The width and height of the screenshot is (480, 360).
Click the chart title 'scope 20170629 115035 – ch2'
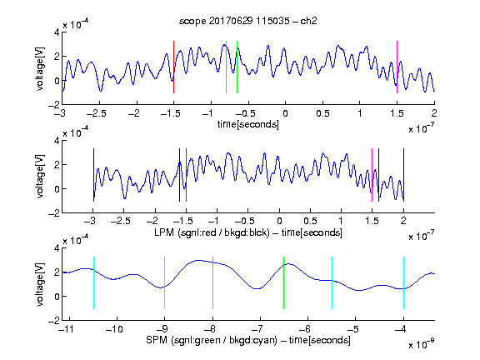(248, 21)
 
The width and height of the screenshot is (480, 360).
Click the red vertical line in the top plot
(173, 67)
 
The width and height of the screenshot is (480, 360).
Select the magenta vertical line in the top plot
(397, 67)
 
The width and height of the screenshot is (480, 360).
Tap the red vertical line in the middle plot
(186, 175)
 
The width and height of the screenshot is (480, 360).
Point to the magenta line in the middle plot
(372, 175)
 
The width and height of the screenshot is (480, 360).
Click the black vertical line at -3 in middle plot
(93, 175)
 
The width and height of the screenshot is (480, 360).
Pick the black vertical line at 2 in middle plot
(403, 175)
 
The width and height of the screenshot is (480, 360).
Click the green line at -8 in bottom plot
(212, 282)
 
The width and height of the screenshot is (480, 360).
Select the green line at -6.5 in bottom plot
(284, 282)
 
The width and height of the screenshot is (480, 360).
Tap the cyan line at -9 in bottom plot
(165, 282)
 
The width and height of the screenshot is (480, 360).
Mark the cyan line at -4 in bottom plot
(404, 282)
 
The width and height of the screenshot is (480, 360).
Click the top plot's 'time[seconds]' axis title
(248, 124)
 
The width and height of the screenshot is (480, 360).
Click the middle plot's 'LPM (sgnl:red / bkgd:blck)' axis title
(212, 232)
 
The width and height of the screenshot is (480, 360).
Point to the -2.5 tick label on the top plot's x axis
(96, 113)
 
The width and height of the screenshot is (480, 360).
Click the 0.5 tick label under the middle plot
(310, 221)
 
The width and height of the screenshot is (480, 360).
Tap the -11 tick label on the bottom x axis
(65, 329)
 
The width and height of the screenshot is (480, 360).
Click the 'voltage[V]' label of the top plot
(40, 68)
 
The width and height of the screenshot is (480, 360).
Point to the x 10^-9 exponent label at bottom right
(422, 344)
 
